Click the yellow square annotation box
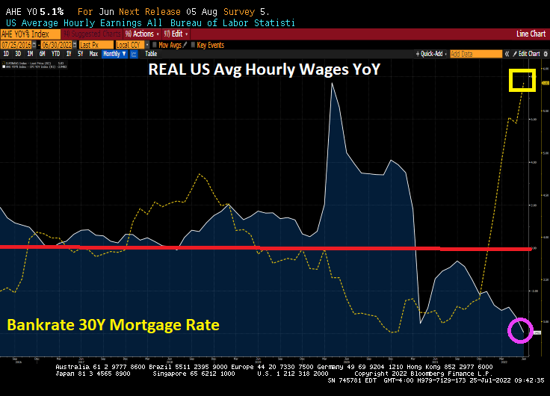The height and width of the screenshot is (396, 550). pos(522,80)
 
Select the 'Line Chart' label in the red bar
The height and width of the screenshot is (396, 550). pos(531,34)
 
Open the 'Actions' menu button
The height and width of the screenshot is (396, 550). pos(140,34)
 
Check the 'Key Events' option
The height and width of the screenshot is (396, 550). pos(209,44)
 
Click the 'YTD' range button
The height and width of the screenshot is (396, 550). pos(56,54)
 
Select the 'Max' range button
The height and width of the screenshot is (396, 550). pos(93,54)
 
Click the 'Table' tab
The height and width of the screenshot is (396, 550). pos(151,54)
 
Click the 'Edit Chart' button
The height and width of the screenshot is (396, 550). pos(528,54)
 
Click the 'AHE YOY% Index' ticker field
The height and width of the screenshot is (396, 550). pos(30,34)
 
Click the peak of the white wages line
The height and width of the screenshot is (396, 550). pos(331,84)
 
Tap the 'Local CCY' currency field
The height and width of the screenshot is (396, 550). pos(131,44)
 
